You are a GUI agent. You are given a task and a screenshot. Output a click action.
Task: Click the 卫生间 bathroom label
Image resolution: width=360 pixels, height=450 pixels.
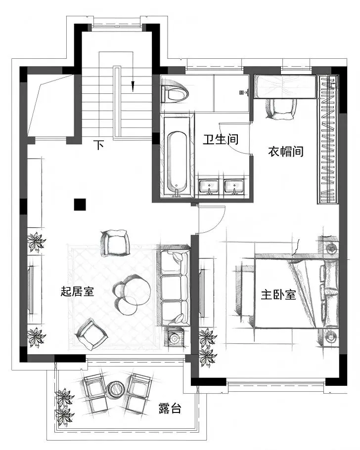(x=221, y=139)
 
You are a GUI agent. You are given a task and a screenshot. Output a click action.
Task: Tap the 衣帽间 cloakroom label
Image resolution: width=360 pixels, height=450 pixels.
(x=286, y=151)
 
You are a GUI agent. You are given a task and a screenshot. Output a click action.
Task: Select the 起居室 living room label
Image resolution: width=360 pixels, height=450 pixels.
(x=77, y=291)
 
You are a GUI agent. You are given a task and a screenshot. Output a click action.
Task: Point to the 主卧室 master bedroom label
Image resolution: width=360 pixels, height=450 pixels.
(x=278, y=295)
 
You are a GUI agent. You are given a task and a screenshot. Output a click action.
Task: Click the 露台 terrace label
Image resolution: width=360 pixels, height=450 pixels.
(x=170, y=408)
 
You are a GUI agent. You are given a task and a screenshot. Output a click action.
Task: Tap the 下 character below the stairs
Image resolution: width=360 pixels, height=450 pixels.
(x=98, y=145)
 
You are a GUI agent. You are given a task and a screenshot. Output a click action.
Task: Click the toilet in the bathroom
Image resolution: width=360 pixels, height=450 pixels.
(x=174, y=92)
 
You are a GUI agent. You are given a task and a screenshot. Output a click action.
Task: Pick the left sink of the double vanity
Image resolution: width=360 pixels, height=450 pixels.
(x=209, y=187)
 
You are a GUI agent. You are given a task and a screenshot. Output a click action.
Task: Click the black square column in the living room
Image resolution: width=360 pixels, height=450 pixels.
(x=80, y=205)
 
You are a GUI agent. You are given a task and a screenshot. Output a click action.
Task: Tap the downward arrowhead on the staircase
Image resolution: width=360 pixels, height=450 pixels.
(x=133, y=86)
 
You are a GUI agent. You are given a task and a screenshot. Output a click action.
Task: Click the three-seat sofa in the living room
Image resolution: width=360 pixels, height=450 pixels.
(x=173, y=287)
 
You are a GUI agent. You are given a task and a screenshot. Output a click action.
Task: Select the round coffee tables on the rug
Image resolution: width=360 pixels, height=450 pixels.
(x=132, y=294)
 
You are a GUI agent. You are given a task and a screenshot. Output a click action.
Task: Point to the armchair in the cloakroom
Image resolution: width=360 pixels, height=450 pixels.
(x=281, y=109)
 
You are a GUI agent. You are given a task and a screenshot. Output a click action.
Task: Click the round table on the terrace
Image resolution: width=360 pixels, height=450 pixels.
(x=115, y=389)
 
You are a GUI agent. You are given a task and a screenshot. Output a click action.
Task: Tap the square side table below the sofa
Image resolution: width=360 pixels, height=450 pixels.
(x=175, y=338)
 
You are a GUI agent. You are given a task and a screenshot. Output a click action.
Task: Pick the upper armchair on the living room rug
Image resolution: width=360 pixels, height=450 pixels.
(x=116, y=243)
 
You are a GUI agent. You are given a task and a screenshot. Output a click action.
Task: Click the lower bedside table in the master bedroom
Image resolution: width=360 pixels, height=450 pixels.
(x=329, y=336)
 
